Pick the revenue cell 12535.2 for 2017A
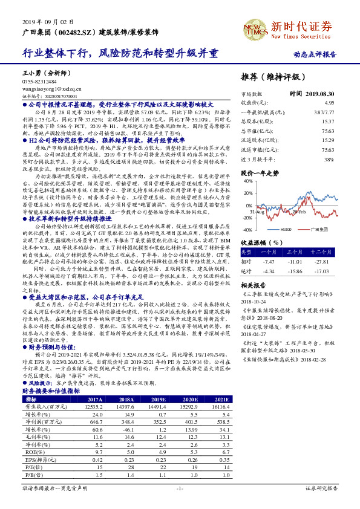94,407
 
